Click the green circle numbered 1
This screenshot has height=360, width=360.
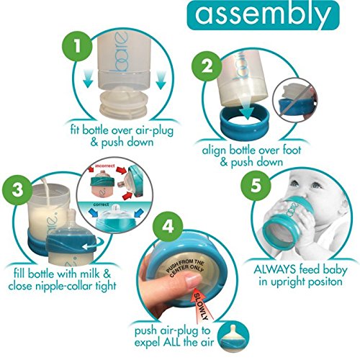(x=77, y=46)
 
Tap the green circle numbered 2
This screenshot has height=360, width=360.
(x=207, y=66)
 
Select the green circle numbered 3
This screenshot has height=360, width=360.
(x=17, y=190)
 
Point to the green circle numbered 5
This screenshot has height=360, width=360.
(x=256, y=185)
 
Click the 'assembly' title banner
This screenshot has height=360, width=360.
(x=263, y=15)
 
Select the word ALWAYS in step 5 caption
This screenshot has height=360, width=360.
(x=275, y=270)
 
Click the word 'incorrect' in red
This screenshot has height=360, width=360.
(x=105, y=166)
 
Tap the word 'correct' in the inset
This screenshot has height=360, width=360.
(x=101, y=204)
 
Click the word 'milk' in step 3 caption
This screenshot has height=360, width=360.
(x=90, y=274)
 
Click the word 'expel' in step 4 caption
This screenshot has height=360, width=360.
(x=147, y=343)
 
